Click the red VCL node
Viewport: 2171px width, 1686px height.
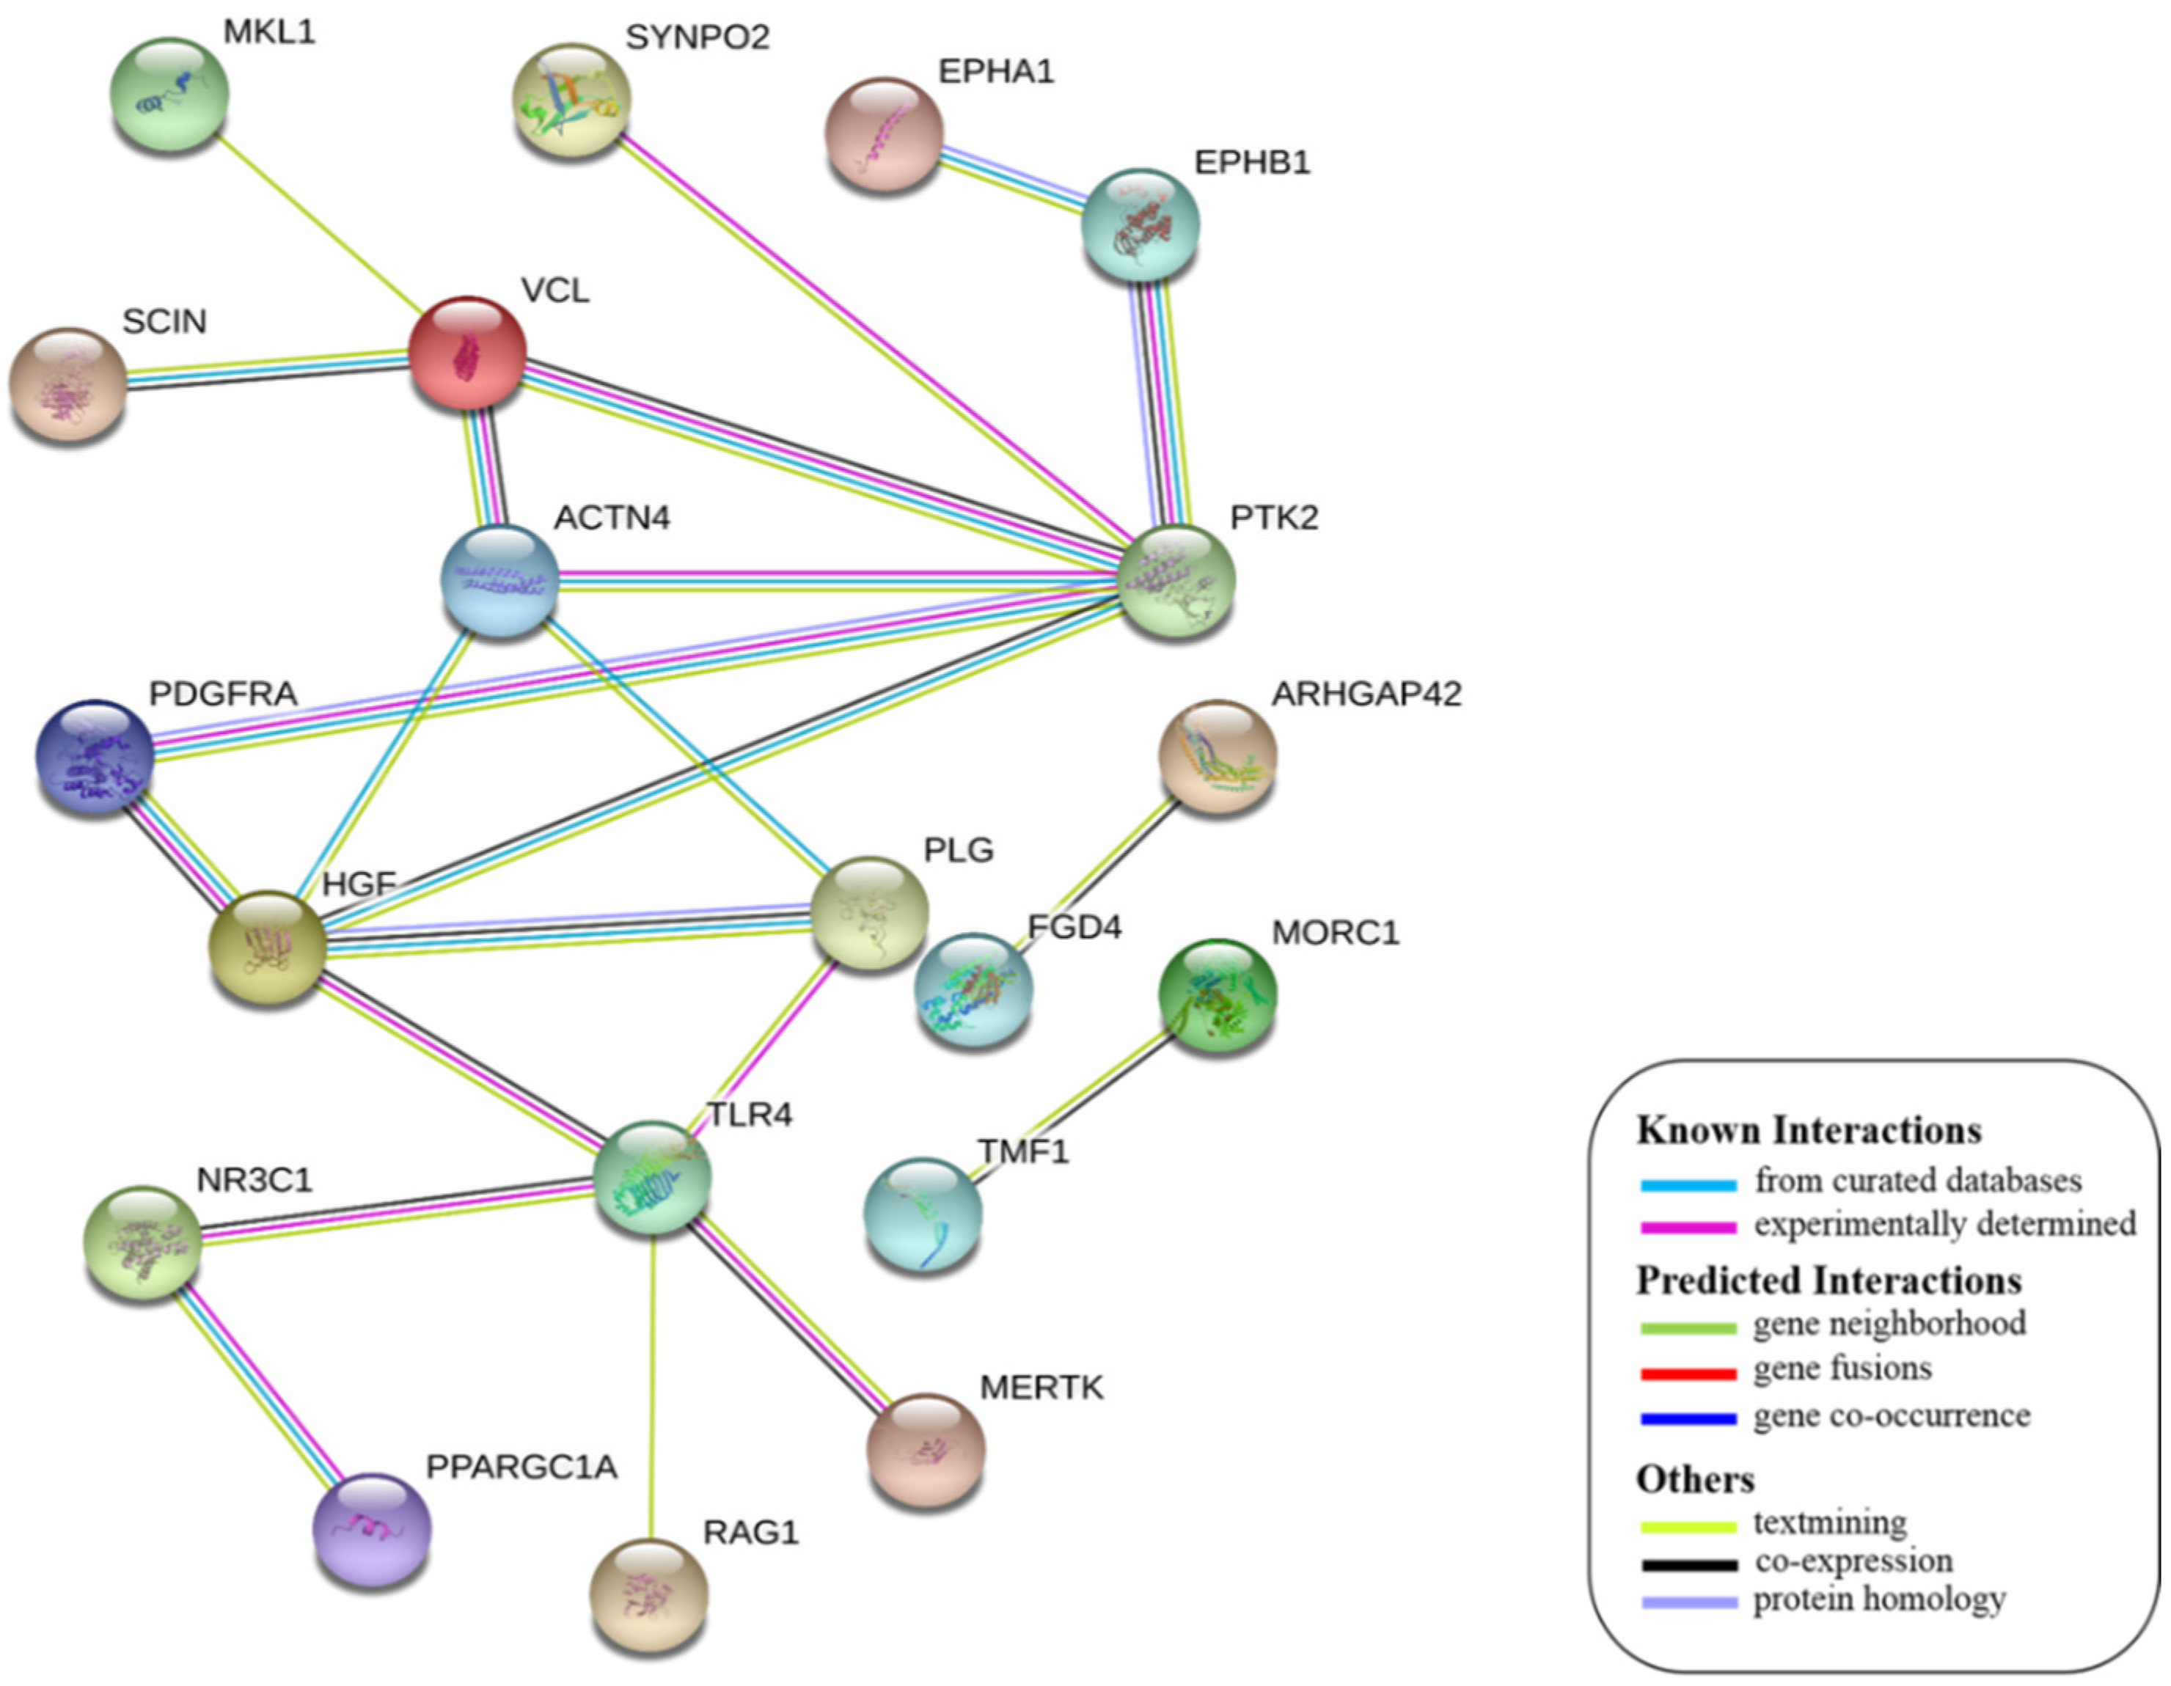pyautogui.click(x=467, y=353)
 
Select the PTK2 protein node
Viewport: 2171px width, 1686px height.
pyautogui.click(x=1177, y=581)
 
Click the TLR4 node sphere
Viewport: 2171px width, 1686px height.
pyautogui.click(x=652, y=1177)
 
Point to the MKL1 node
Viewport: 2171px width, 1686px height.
pyautogui.click(x=169, y=95)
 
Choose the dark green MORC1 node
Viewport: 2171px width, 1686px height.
pyautogui.click(x=1217, y=995)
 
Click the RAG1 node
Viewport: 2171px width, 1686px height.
pyautogui.click(x=649, y=1594)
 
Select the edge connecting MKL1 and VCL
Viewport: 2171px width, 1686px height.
pyautogui.click(x=318, y=224)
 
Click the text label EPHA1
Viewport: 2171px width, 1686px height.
pyautogui.click(x=995, y=72)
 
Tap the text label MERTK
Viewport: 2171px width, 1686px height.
pyautogui.click(x=1041, y=1387)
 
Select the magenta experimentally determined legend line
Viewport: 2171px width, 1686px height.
pyautogui.click(x=1688, y=1228)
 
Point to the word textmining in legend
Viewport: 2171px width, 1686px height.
pyautogui.click(x=1829, y=1522)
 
